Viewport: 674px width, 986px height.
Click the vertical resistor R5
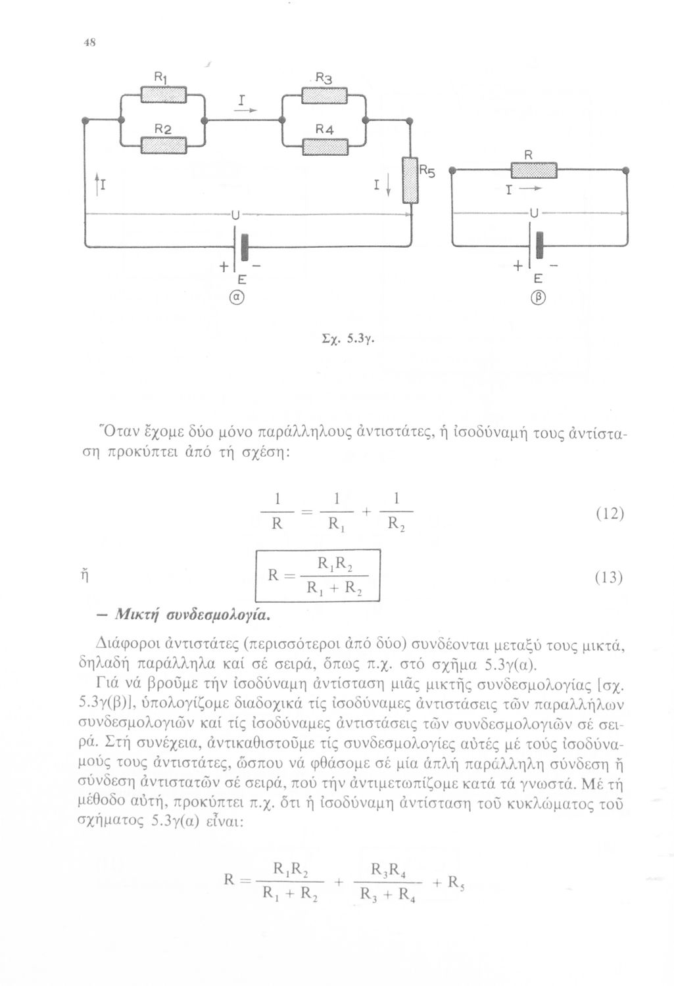[410, 181]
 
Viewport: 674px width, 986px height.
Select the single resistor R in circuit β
[534, 171]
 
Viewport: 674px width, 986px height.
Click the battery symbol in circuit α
[243, 245]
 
